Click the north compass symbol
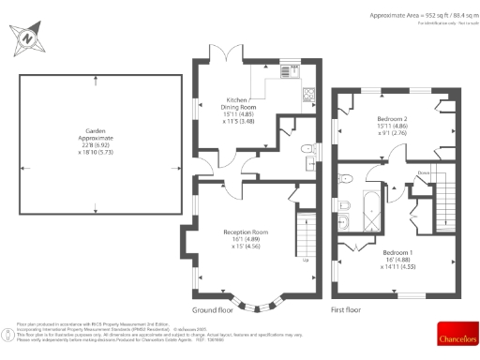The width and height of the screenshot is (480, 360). pyautogui.click(x=29, y=38)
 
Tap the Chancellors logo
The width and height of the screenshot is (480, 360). pyautogui.click(x=457, y=332)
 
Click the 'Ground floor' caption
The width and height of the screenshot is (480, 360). pyautogui.click(x=213, y=308)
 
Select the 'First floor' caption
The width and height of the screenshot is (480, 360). pyautogui.click(x=346, y=308)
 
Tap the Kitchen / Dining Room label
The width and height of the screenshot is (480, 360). pyautogui.click(x=238, y=111)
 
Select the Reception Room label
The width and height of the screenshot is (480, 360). pyautogui.click(x=246, y=238)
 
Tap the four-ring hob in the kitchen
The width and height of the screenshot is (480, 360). pyautogui.click(x=306, y=93)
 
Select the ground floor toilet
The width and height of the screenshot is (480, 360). pyautogui.click(x=307, y=150)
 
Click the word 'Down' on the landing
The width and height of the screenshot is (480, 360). pyautogui.click(x=424, y=172)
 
